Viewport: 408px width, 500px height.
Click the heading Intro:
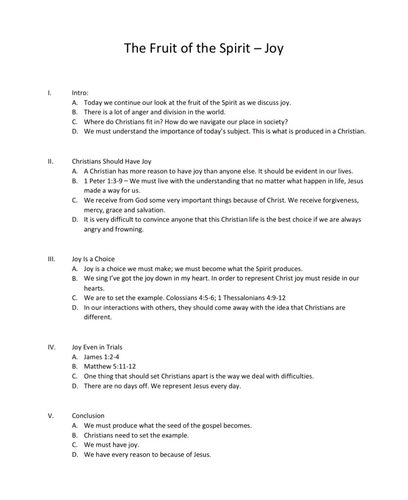(x=80, y=92)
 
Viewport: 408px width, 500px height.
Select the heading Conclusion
(x=88, y=416)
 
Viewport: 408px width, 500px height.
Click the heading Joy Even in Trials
(x=97, y=347)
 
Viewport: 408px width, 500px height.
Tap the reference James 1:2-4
(x=102, y=357)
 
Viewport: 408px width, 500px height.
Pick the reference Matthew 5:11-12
(x=110, y=366)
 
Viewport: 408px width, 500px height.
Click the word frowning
(x=128, y=229)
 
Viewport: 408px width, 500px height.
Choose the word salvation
(x=150, y=210)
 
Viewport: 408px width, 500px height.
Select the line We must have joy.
(x=111, y=445)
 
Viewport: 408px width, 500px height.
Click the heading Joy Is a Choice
(x=93, y=259)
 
